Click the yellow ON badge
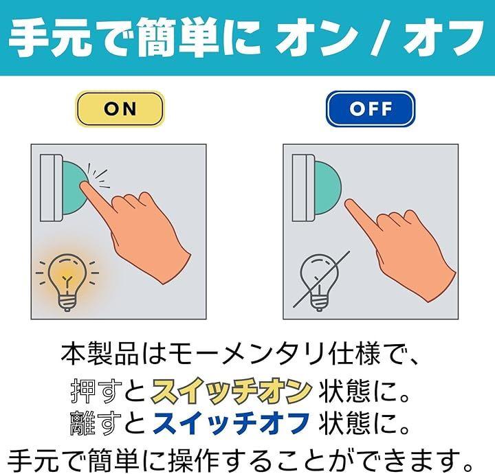(x=120, y=109)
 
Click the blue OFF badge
(x=371, y=109)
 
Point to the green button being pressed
(x=74, y=188)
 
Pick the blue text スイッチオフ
(x=232, y=423)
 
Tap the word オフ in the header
(x=444, y=37)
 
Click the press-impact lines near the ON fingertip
(x=98, y=177)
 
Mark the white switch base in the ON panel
(x=51, y=188)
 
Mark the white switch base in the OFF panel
(x=303, y=188)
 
